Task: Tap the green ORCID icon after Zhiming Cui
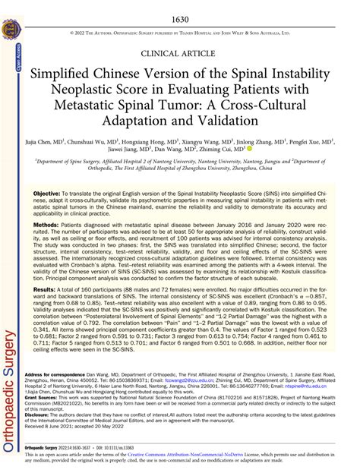point(249,151)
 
